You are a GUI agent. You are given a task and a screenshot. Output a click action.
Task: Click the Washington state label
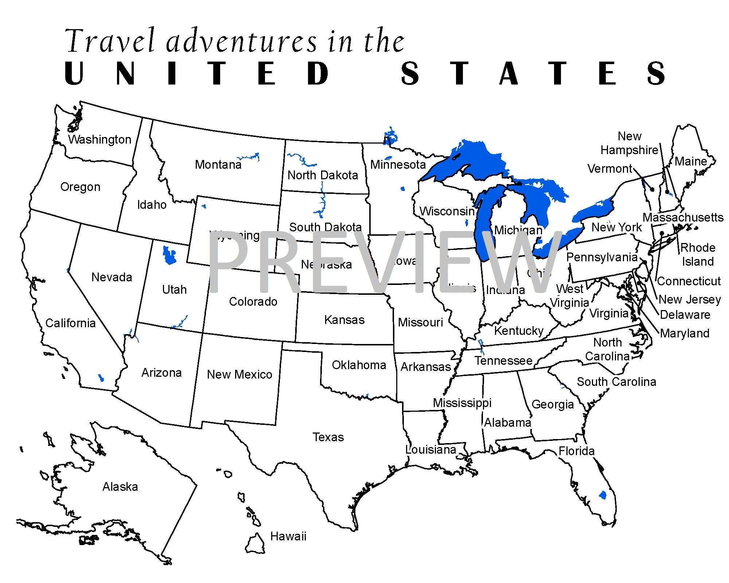(100, 140)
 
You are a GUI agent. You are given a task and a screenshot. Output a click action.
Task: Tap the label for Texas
(328, 437)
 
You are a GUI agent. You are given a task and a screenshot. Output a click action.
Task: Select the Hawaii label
(288, 536)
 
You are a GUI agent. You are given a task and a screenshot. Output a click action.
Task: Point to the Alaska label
(120, 487)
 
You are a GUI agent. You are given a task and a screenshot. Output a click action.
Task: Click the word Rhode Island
(698, 255)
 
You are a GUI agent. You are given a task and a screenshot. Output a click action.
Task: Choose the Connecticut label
(689, 281)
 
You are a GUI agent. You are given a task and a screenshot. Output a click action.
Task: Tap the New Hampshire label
(629, 143)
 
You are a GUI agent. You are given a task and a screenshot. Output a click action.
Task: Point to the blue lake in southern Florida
(603, 495)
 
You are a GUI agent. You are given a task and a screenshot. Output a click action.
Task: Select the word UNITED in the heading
(197, 74)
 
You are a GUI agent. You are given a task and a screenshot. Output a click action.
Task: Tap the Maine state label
(690, 161)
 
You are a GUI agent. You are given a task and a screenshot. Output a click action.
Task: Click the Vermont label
(610, 169)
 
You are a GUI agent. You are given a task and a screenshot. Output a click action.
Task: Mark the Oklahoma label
(359, 365)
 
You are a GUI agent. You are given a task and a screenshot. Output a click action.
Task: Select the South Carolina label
(616, 382)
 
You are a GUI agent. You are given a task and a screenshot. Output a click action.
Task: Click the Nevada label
(112, 277)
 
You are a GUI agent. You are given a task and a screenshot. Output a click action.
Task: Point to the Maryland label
(685, 333)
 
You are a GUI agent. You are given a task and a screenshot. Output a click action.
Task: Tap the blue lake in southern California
(101, 378)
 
